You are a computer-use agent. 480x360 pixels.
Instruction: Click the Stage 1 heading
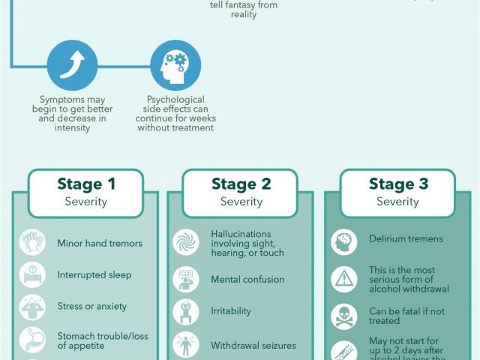pyautogui.click(x=86, y=184)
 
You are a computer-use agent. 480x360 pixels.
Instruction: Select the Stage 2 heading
pyautogui.click(x=241, y=184)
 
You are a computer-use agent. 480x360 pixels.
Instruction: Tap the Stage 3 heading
pyautogui.click(x=398, y=184)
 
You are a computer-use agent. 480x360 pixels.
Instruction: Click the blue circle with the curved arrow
pyautogui.click(x=72, y=65)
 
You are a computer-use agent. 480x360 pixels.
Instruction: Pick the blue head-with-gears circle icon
pyautogui.click(x=175, y=65)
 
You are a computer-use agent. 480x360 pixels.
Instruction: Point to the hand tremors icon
pyautogui.click(x=32, y=242)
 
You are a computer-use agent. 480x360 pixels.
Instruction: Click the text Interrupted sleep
pyautogui.click(x=94, y=275)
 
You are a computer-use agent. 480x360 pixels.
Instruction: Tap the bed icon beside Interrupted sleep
pyautogui.click(x=32, y=274)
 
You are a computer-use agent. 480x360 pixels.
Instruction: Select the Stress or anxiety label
pyautogui.click(x=91, y=306)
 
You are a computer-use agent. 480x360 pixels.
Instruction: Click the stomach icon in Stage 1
pyautogui.click(x=32, y=340)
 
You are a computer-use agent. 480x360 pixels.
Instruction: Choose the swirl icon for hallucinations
pyautogui.click(x=186, y=242)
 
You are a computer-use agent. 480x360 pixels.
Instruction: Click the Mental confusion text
pyautogui.click(x=247, y=279)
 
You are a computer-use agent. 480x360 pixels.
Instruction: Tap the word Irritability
pyautogui.click(x=231, y=310)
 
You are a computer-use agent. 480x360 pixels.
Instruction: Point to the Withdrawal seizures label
pyautogui.click(x=253, y=346)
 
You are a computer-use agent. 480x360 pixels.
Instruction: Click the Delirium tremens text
pyautogui.click(x=406, y=238)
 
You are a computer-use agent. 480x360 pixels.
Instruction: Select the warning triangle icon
pyautogui.click(x=343, y=279)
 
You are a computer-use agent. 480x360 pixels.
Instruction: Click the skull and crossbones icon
pyautogui.click(x=343, y=316)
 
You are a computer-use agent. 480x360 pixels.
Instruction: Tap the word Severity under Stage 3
pyautogui.click(x=397, y=202)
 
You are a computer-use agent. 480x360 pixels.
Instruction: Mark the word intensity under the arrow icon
pyautogui.click(x=72, y=127)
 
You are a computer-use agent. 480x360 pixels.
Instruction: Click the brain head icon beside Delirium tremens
pyautogui.click(x=343, y=242)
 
